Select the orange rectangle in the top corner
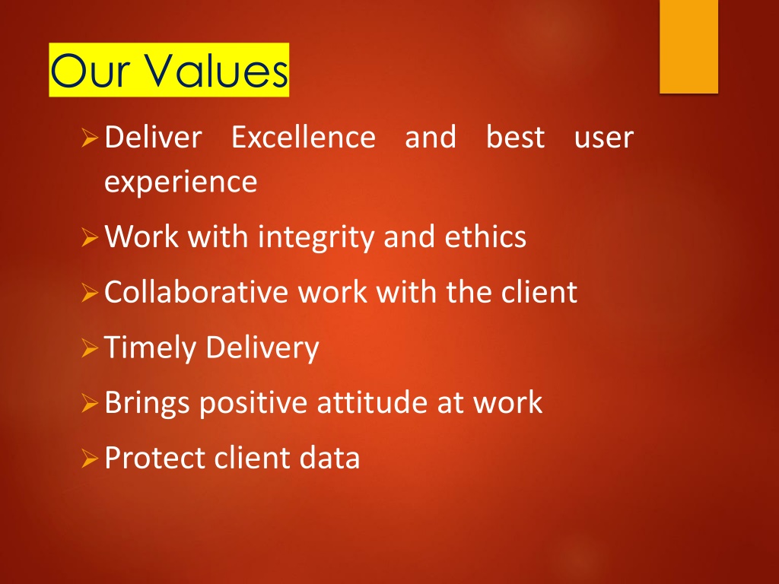[688, 46]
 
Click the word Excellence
[304, 137]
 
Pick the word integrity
[316, 237]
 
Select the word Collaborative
[196, 291]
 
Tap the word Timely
[151, 348]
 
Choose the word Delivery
[262, 348]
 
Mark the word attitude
[372, 401]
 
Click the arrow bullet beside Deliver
[90, 138]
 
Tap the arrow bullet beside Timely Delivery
[90, 348]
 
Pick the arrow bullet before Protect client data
[90, 459]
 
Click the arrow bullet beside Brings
[90, 403]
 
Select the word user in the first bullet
[603, 138]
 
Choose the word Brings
[148, 403]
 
